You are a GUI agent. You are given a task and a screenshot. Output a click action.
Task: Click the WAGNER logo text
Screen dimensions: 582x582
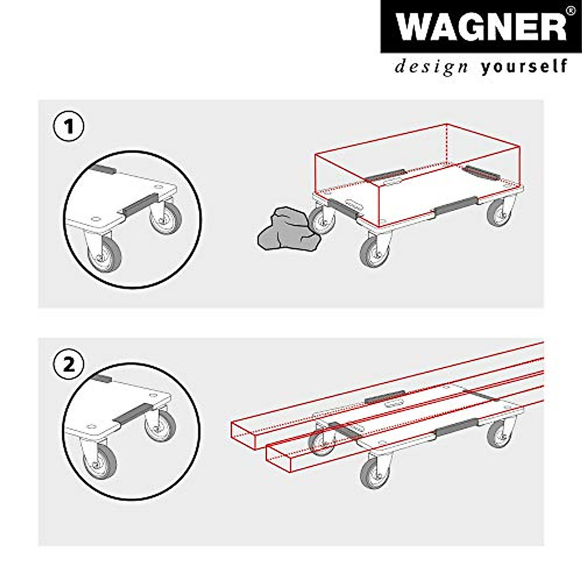[480, 27]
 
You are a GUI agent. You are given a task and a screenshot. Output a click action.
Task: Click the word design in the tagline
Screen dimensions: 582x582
[431, 66]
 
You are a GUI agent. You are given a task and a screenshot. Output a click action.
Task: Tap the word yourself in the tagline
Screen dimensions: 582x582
[524, 66]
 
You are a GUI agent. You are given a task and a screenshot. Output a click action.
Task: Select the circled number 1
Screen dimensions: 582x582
[68, 127]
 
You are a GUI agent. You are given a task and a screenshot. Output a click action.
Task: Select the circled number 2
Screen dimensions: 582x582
[68, 364]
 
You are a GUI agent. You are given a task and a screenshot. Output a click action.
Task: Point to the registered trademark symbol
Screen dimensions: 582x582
[571, 10]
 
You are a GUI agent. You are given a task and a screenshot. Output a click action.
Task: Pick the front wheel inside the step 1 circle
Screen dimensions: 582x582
[103, 255]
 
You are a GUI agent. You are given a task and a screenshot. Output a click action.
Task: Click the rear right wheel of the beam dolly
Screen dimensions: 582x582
[499, 433]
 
